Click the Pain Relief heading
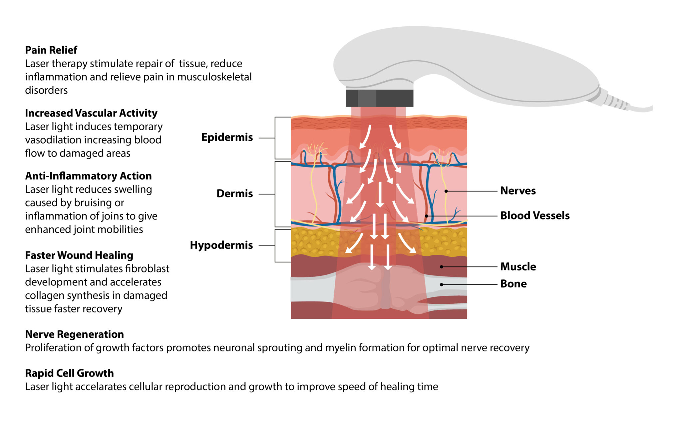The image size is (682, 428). point(51,50)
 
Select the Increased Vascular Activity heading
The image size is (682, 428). point(91,113)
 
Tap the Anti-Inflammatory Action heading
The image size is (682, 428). point(88,176)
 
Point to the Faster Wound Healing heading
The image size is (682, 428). point(79,255)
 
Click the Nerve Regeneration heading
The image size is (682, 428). point(74,334)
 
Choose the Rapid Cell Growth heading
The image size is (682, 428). point(69,373)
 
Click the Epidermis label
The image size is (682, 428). point(227,137)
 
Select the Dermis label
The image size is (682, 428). point(234,194)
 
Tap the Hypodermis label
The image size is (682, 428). point(221,245)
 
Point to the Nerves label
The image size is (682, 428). point(518,191)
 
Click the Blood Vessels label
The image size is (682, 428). point(535,215)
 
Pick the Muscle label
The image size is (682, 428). point(518,266)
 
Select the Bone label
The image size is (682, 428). point(513,284)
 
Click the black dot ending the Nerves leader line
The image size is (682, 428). point(446,191)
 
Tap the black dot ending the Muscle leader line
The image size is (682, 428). point(442,267)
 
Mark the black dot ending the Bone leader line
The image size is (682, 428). point(442,284)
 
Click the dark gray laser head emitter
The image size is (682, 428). point(379,98)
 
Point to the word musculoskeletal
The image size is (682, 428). point(214,77)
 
